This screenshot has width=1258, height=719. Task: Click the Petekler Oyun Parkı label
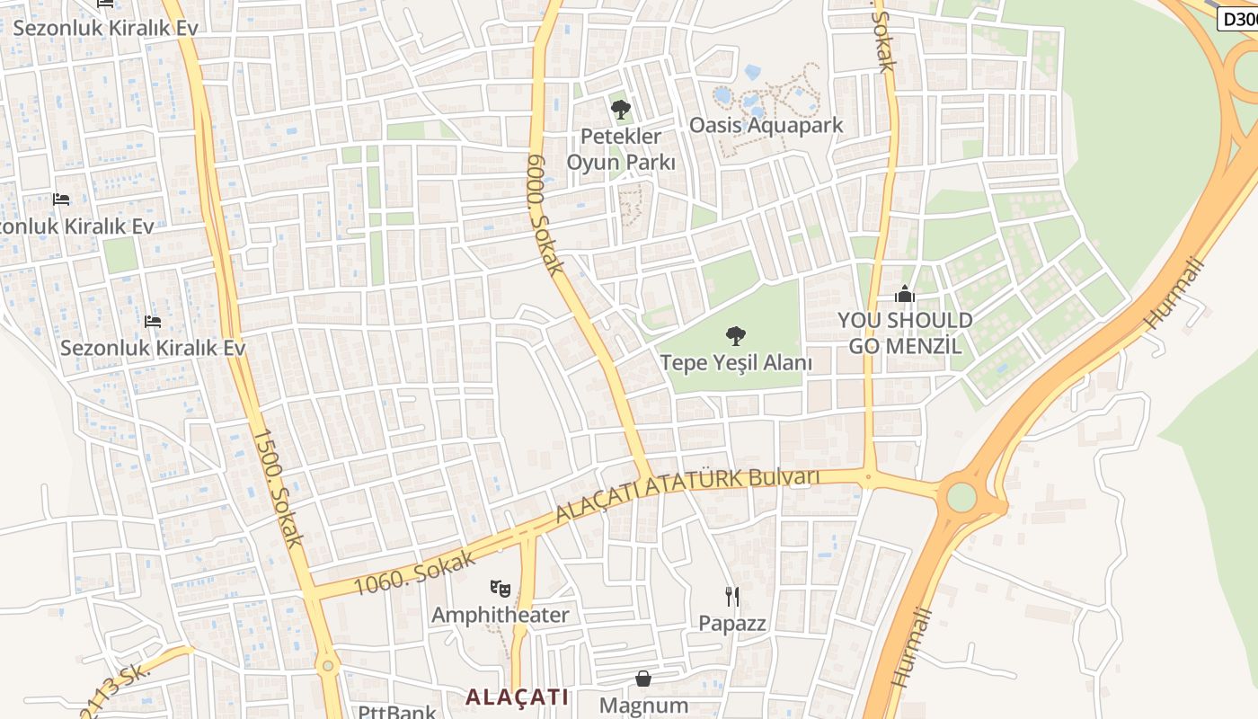point(620,149)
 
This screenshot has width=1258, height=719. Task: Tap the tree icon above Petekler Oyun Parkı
point(620,110)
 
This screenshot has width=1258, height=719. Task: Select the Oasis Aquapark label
point(766,125)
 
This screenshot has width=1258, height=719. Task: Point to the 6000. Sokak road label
point(545,214)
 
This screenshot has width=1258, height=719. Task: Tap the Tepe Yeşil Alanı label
point(736,363)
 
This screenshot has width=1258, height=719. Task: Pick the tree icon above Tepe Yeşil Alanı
point(736,336)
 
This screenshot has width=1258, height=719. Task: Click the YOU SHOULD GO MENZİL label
point(905,333)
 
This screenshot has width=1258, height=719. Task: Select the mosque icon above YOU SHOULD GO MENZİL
point(904,294)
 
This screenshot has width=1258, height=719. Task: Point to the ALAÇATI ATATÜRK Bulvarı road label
point(687,495)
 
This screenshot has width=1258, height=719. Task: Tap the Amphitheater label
point(500,615)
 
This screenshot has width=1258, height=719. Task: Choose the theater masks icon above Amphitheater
point(501,589)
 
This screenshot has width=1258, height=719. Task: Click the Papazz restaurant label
point(732,623)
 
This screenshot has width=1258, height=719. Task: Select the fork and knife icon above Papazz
point(732,596)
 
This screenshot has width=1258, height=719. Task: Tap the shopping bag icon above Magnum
point(643,678)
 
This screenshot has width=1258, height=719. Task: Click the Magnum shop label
point(643,706)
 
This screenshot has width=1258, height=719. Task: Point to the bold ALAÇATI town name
point(518,697)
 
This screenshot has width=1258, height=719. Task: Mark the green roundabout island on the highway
point(961,496)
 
